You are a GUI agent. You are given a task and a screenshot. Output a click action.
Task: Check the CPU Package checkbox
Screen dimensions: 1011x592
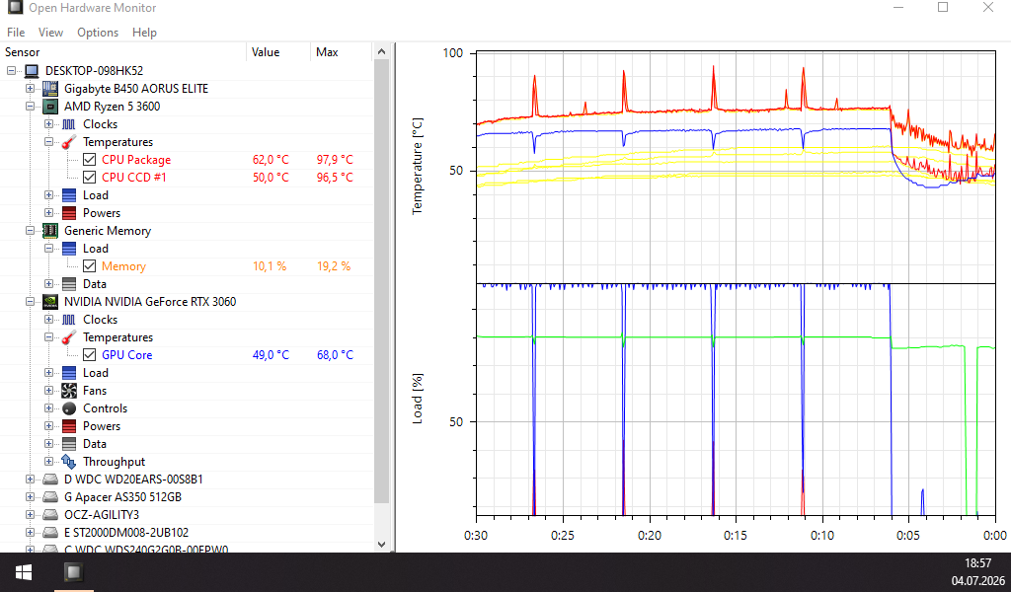pyautogui.click(x=90, y=159)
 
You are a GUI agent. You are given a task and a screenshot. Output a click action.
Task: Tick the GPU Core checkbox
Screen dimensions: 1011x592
pyautogui.click(x=90, y=354)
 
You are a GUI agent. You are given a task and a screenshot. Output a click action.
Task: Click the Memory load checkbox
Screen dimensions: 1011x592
pyautogui.click(x=90, y=266)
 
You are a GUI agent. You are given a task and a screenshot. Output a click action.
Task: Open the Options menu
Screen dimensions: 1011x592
pyautogui.click(x=98, y=33)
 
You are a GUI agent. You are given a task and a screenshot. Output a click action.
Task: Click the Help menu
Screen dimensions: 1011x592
pyautogui.click(x=144, y=33)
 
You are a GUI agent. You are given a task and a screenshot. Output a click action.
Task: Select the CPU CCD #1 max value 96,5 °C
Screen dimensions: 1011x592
pyautogui.click(x=335, y=178)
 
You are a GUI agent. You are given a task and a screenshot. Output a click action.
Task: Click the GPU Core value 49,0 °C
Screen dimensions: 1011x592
pyautogui.click(x=271, y=355)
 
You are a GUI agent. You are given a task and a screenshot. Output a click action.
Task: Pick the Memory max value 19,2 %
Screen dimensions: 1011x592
pyautogui.click(x=334, y=266)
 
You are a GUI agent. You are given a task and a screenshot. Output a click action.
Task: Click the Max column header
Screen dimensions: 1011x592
pyautogui.click(x=327, y=52)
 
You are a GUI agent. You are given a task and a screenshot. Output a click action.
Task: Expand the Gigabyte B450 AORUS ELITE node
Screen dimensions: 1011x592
pyautogui.click(x=30, y=88)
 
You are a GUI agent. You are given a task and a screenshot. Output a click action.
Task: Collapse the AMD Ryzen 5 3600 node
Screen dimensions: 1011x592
pyautogui.click(x=30, y=107)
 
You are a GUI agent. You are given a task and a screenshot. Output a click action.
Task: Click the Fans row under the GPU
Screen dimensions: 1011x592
pyautogui.click(x=95, y=391)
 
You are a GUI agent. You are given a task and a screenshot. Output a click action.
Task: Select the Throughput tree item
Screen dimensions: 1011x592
pyautogui.click(x=115, y=461)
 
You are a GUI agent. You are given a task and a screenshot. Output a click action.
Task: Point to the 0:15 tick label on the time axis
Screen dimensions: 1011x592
pyautogui.click(x=735, y=536)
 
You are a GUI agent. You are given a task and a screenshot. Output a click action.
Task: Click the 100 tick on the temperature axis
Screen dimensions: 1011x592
pyautogui.click(x=452, y=53)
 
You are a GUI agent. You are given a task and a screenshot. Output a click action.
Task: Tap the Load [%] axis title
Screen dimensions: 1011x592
pyautogui.click(x=418, y=398)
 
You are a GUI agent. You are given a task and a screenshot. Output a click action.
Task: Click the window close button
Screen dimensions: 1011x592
pyautogui.click(x=987, y=8)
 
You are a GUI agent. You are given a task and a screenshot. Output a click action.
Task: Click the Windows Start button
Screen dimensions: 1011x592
pyautogui.click(x=24, y=572)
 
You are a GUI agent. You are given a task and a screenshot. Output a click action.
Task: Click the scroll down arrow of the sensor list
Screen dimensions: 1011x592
pyautogui.click(x=381, y=545)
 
